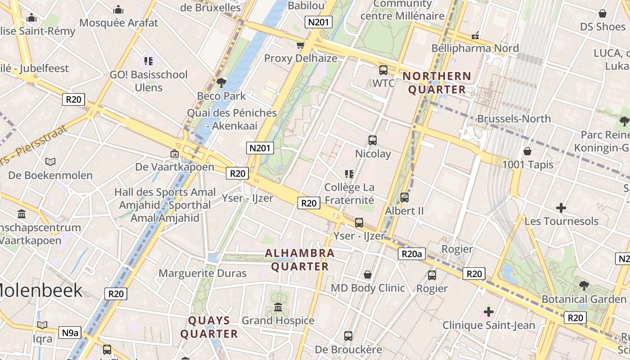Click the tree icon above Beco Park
(x=221, y=82)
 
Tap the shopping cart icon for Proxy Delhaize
(x=300, y=45)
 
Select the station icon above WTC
(x=383, y=70)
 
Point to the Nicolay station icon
(x=373, y=140)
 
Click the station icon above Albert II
(x=405, y=197)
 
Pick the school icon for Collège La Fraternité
(x=349, y=174)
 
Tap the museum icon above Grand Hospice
(x=278, y=307)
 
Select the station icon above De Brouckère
(x=348, y=336)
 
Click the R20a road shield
(x=411, y=254)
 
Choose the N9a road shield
(x=70, y=333)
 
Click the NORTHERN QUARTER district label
(x=436, y=83)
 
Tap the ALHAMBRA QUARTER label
(x=299, y=260)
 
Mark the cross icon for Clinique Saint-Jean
(x=488, y=311)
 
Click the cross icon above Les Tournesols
(x=561, y=208)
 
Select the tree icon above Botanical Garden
(x=584, y=285)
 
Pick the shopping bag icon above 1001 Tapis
(x=527, y=151)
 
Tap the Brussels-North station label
(x=513, y=119)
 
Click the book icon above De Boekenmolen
(x=50, y=162)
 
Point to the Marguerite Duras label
(x=202, y=273)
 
